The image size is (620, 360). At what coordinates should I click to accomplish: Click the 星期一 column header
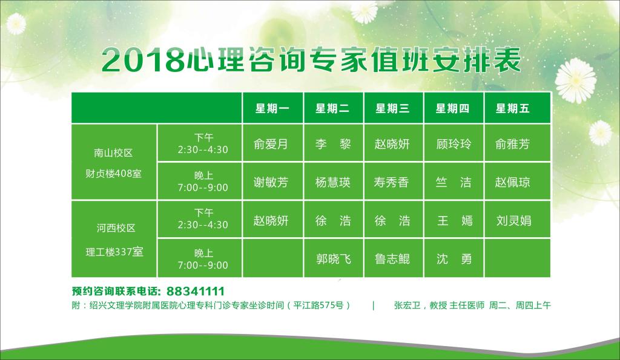[x=272, y=108]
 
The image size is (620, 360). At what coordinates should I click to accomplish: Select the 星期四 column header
[x=452, y=108]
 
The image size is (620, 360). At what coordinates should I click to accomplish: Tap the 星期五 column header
[x=512, y=108]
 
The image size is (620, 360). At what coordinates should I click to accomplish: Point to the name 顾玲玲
[x=453, y=144]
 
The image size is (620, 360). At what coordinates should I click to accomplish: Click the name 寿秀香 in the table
[x=392, y=182]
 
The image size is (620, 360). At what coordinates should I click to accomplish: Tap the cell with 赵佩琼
[x=512, y=182]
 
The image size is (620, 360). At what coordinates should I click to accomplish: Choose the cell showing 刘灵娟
[x=513, y=220]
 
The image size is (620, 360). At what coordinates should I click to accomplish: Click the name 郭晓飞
[x=334, y=259]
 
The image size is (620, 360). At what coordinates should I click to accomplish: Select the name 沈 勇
[x=454, y=259]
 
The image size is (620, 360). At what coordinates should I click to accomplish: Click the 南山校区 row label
[x=113, y=153]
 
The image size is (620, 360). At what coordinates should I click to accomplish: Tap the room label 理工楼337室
[x=114, y=252]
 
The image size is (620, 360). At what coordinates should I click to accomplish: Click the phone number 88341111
[x=196, y=291]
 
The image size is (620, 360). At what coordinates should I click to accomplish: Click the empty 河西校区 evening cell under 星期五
[x=517, y=258]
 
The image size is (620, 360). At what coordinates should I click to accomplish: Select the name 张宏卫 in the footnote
[x=407, y=305]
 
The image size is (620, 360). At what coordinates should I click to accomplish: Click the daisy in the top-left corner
[x=16, y=24]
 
